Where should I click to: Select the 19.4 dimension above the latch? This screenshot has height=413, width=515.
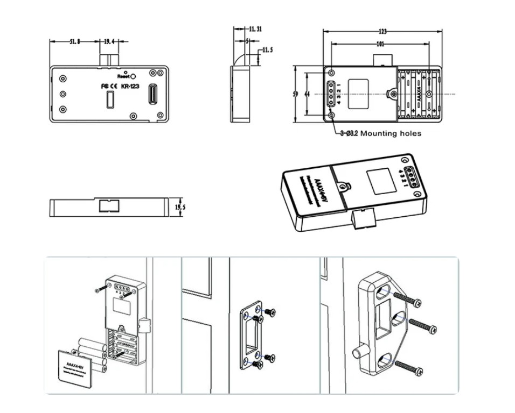108,41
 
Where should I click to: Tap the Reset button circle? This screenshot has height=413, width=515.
133,76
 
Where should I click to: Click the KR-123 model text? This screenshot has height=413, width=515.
131,86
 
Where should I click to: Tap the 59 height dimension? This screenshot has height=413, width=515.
295,94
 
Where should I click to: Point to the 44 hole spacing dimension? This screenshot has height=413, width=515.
307,94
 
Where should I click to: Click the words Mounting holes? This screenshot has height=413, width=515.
391,133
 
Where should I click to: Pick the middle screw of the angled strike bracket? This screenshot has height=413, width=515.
421,324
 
